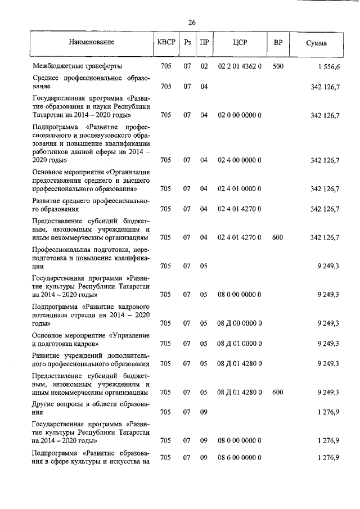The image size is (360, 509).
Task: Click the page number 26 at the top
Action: (191, 22)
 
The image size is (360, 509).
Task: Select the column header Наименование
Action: (92, 43)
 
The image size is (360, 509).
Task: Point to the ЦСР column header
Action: (240, 43)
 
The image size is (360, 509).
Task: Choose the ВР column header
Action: (278, 43)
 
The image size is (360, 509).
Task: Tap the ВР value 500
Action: (278, 67)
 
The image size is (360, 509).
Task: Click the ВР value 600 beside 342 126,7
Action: (278, 237)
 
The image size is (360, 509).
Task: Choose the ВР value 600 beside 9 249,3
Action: (278, 392)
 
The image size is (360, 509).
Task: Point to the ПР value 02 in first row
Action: (204, 67)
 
